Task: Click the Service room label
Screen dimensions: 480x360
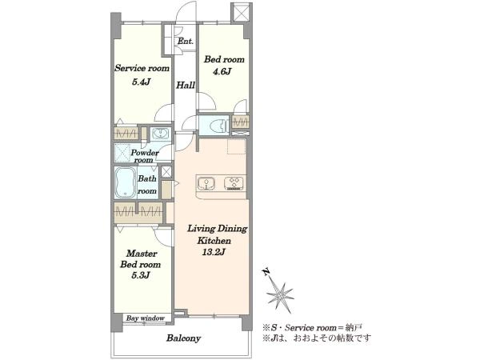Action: point(142,68)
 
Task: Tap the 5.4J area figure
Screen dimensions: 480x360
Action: point(142,82)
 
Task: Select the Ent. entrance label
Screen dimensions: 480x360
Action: point(186,41)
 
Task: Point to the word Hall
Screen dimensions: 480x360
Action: point(186,85)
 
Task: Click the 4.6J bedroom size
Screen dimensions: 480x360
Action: point(222,72)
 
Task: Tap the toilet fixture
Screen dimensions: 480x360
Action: point(218,125)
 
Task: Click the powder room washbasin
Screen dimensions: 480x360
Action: point(160,134)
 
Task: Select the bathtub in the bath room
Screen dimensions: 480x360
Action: point(126,182)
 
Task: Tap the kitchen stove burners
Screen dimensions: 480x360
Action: point(234,183)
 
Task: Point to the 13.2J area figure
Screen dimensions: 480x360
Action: point(214,253)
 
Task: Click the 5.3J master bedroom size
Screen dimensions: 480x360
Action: point(141,275)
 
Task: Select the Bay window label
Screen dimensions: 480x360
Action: point(146,318)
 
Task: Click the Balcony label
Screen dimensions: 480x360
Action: point(184,338)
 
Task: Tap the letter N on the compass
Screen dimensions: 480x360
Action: point(266,272)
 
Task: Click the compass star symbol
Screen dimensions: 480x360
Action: point(281,295)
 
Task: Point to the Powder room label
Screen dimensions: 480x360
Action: point(145,156)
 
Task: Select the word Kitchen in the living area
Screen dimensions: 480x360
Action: point(214,241)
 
